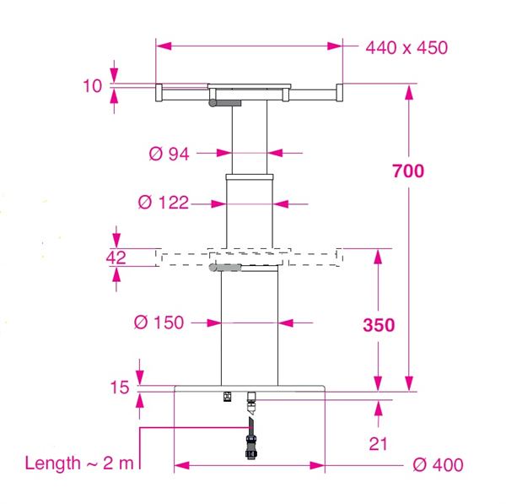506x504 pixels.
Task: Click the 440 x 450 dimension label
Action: [x=406, y=48]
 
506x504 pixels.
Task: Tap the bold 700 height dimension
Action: [x=408, y=171]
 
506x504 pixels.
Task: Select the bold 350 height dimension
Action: [x=379, y=325]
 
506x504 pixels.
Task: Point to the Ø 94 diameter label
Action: [x=169, y=154]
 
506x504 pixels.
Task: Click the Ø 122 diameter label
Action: [x=164, y=203]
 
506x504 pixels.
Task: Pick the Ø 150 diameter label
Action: [x=159, y=322]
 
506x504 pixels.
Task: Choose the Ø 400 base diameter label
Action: [x=438, y=465]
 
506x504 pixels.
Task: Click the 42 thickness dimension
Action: [x=116, y=257]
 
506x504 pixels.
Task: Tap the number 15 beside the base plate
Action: [x=120, y=387]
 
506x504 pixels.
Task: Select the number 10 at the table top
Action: [x=92, y=86]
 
